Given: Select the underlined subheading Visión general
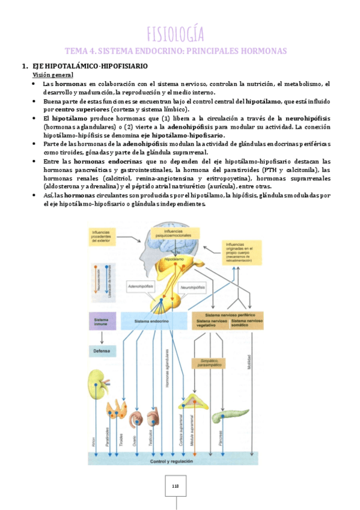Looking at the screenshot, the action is click(53, 75).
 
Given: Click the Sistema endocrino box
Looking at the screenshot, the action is click(153, 321).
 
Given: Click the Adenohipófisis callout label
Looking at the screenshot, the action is click(141, 287).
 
